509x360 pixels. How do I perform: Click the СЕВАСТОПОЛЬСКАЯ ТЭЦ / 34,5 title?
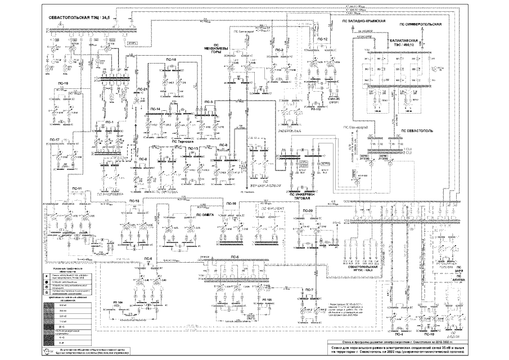pos(82,19)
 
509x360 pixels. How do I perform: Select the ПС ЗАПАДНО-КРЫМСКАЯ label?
pos(363,21)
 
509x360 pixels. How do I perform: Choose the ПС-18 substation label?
pos(172,60)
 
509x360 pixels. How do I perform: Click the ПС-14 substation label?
pos(155,108)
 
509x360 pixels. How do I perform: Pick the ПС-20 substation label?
pos(308,210)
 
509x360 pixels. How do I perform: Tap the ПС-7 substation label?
pos(309,289)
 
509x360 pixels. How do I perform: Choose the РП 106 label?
pos(118,303)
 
